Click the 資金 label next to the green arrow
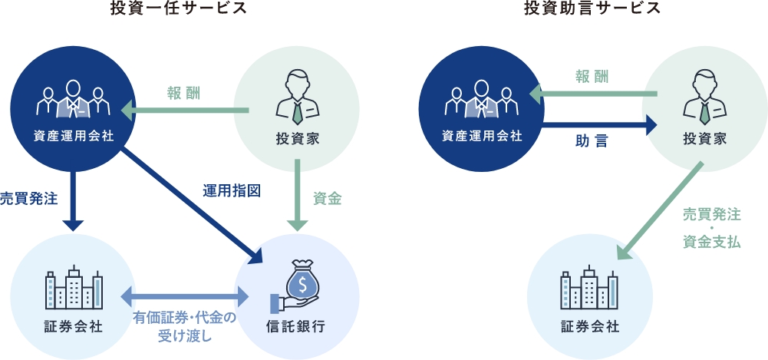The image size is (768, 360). [x=328, y=198]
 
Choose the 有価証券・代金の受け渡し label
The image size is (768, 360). [x=184, y=325]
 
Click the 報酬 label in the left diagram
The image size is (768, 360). [x=183, y=93]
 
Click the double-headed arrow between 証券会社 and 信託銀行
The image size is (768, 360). [x=184, y=296]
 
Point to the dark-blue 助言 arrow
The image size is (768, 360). [x=599, y=123]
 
